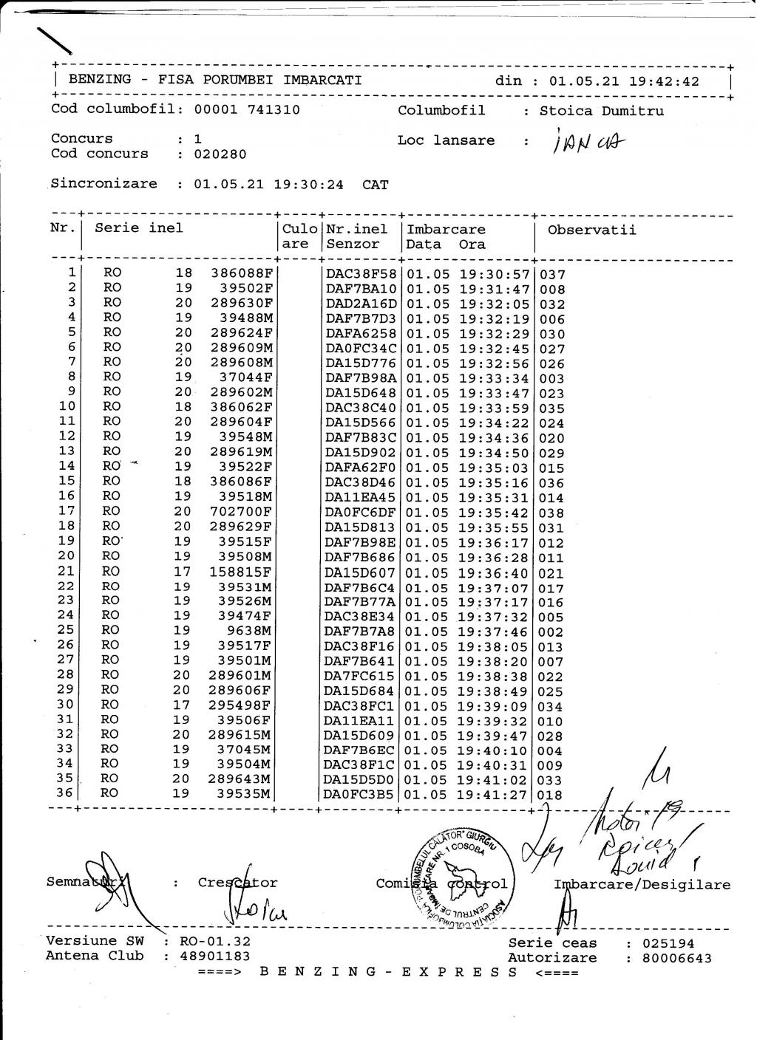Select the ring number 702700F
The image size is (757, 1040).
(x=241, y=511)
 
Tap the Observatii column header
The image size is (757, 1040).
(x=591, y=229)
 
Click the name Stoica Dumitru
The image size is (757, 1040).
(x=601, y=111)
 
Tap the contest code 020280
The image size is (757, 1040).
(x=220, y=154)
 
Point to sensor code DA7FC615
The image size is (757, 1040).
(x=361, y=676)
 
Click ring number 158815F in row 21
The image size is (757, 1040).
(x=241, y=571)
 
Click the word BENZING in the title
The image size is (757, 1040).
(x=100, y=80)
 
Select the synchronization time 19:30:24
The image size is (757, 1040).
(x=308, y=184)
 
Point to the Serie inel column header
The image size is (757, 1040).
(x=138, y=227)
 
